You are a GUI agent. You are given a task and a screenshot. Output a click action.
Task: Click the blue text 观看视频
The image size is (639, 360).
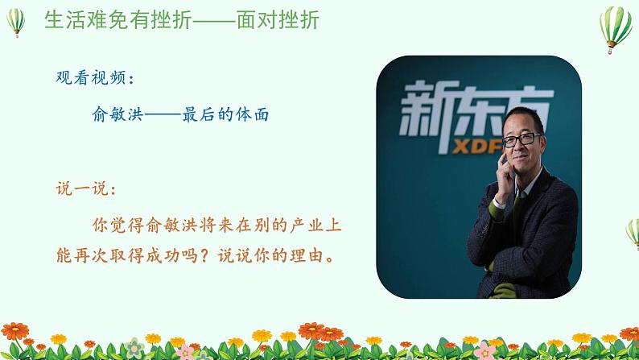coord(90,77)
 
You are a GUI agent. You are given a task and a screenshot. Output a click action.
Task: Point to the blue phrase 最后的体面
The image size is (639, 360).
coord(225,114)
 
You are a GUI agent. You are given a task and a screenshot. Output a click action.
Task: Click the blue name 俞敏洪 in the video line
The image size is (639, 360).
coord(117,114)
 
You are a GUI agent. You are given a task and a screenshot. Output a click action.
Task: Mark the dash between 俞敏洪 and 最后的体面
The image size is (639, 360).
coord(163,115)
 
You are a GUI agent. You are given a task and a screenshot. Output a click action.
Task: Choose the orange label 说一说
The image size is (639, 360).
coord(82,188)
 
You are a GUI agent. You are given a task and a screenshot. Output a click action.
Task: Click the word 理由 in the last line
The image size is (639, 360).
coord(306,255)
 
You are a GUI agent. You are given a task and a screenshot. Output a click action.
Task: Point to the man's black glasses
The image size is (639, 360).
coord(522,140)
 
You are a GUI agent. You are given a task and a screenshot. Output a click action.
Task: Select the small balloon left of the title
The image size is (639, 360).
coord(16,22)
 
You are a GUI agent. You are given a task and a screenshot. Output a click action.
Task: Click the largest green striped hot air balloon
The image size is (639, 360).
coord(616,29)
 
